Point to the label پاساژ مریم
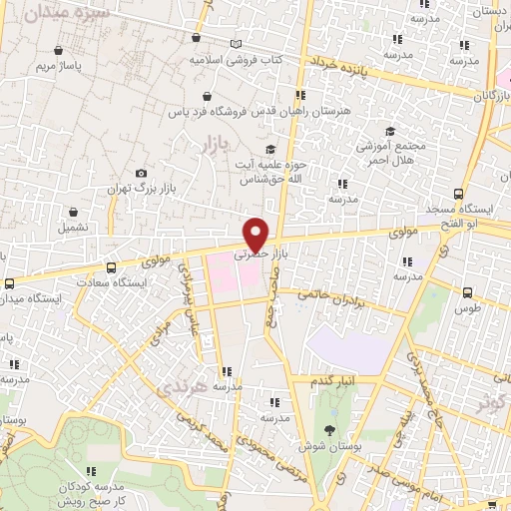[57, 66]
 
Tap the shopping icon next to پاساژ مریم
[58, 50]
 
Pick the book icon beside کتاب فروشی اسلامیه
[236, 44]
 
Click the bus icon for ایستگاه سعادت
[110, 267]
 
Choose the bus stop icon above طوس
[467, 292]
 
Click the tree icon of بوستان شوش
[329, 428]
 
